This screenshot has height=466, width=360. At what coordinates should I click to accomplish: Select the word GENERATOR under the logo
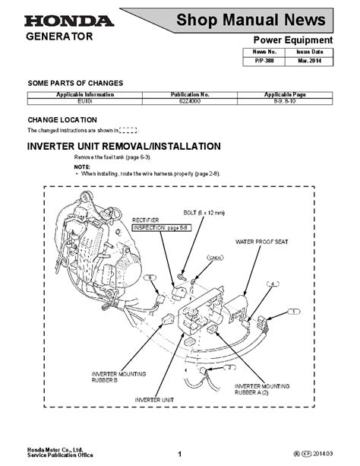(60, 36)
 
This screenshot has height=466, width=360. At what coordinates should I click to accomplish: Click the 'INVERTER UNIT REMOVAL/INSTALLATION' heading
(124, 145)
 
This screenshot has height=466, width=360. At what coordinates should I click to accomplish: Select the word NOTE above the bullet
(82, 166)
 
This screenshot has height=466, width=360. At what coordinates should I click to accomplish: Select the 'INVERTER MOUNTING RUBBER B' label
(115, 378)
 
